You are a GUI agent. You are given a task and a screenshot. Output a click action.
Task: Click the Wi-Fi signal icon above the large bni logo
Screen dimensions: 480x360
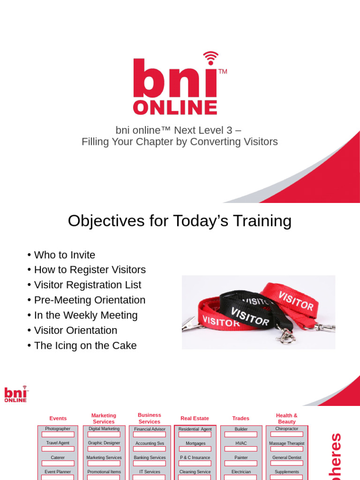(x=210, y=58)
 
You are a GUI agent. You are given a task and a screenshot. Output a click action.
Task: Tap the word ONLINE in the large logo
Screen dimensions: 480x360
(x=175, y=107)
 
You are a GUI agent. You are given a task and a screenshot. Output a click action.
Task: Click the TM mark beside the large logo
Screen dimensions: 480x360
(x=223, y=72)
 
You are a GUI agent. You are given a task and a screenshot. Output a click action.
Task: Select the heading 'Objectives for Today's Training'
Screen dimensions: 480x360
(x=180, y=220)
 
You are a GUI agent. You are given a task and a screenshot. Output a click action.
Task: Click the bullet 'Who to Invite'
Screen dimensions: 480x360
(x=64, y=255)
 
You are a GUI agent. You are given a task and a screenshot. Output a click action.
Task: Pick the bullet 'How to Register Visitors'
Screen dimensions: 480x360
(x=90, y=270)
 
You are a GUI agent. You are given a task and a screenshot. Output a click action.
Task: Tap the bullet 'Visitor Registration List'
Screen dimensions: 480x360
(x=87, y=285)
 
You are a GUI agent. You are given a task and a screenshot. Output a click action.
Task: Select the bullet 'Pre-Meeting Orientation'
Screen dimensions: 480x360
(x=90, y=300)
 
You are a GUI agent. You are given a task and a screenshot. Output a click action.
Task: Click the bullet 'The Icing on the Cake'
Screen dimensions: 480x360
(x=85, y=345)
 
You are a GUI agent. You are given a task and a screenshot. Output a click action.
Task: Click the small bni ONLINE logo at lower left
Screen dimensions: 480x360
(x=16, y=394)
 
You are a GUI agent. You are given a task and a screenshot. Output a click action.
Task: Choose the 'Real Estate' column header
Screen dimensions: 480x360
(x=195, y=418)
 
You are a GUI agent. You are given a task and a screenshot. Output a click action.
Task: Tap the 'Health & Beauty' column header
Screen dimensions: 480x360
(x=286, y=419)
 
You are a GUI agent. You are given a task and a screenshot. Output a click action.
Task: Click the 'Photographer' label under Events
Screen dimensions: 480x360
(x=58, y=429)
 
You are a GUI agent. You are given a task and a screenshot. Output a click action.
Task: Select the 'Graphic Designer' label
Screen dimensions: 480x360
(x=104, y=443)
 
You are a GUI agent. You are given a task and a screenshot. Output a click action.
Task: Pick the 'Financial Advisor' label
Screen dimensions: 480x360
(x=150, y=429)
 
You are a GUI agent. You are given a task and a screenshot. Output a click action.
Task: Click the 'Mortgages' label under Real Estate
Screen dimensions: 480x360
(x=195, y=443)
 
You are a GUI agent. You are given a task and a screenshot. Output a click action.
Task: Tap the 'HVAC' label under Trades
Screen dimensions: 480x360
(x=241, y=443)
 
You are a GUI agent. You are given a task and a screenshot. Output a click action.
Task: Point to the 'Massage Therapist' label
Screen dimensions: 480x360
(x=286, y=443)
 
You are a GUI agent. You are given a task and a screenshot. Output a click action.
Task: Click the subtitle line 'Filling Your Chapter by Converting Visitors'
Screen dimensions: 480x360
(x=180, y=142)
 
